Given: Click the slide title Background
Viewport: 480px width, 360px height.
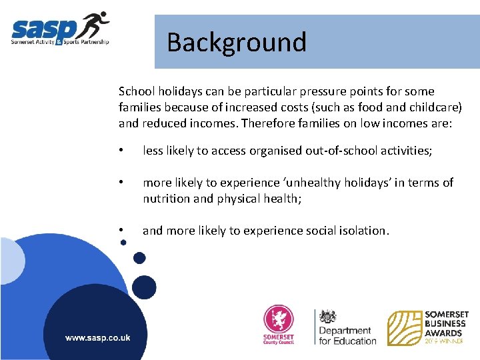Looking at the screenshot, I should click(x=237, y=42).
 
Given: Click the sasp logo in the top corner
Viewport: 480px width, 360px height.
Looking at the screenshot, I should click(x=60, y=30).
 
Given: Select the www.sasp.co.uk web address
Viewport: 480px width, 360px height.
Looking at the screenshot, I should click(x=97, y=337).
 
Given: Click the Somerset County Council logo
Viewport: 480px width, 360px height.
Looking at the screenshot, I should click(x=279, y=325).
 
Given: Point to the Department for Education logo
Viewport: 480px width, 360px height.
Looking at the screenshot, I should click(x=345, y=327).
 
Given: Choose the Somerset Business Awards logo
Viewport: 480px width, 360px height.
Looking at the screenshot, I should click(x=429, y=327).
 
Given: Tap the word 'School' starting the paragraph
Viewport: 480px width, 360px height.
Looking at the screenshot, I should click(x=135, y=91).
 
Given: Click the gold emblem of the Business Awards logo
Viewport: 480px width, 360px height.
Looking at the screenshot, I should click(x=404, y=327).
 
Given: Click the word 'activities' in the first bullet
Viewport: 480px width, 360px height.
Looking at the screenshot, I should click(x=406, y=151).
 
